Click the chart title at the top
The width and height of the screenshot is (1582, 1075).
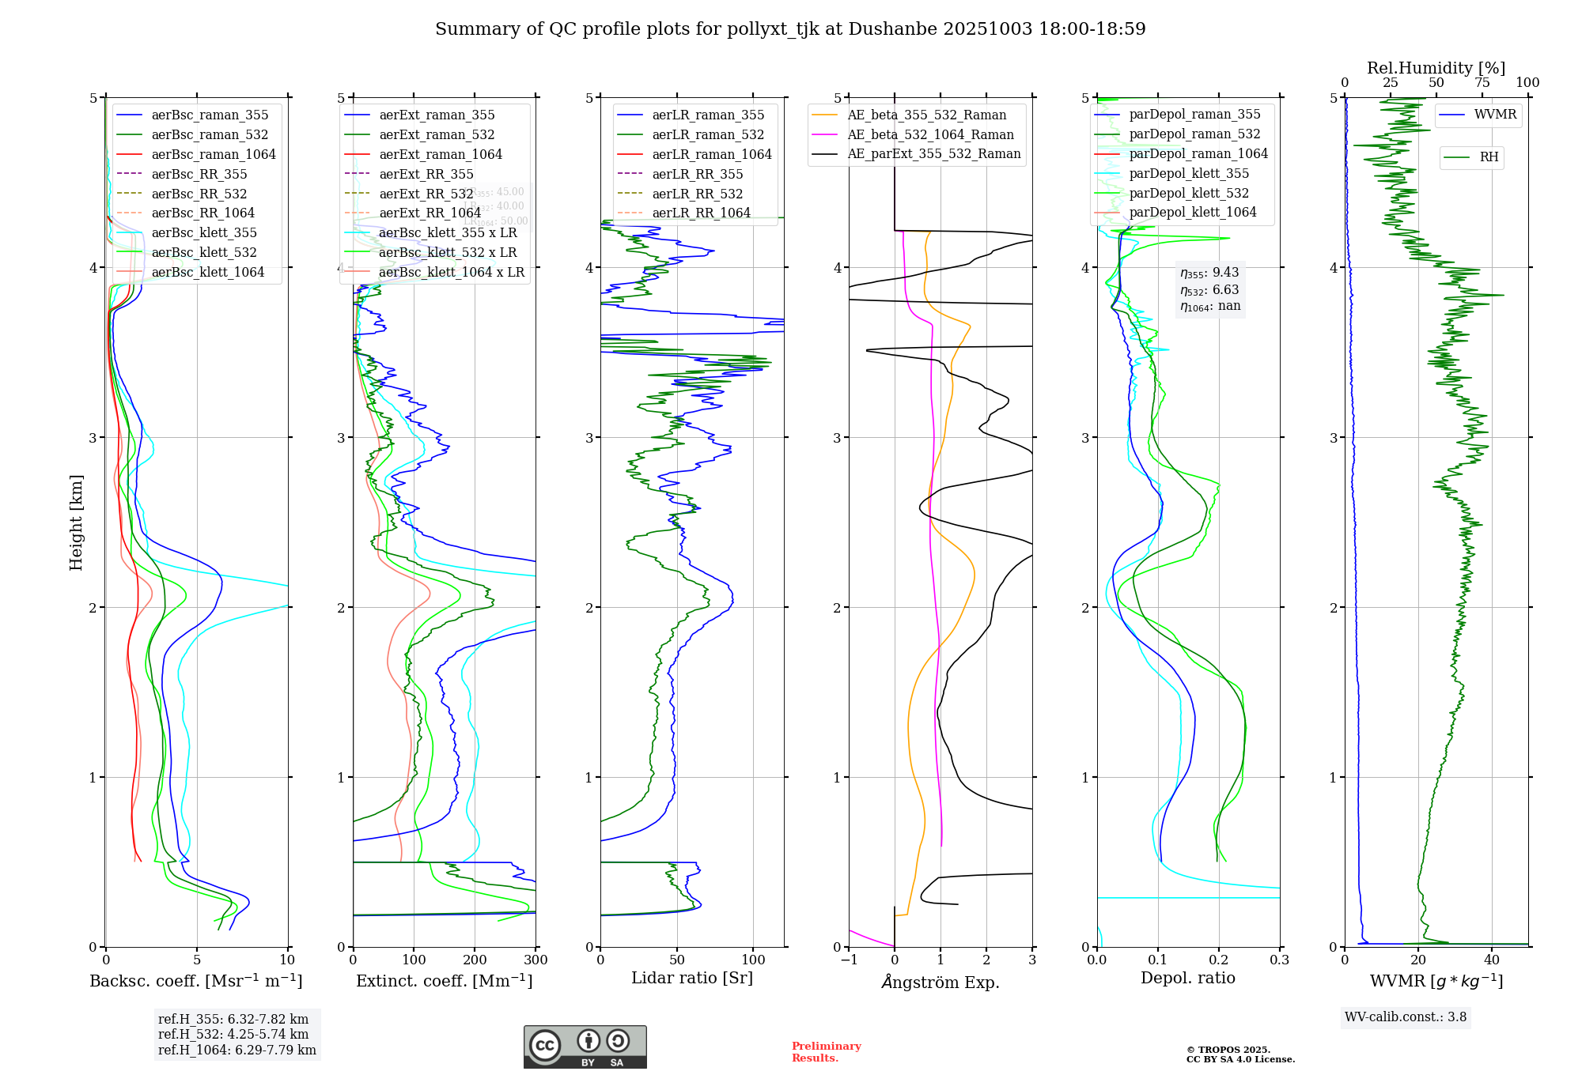tap(790, 29)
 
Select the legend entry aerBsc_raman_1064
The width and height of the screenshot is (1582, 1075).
tap(214, 154)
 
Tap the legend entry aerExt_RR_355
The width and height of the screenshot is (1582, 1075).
tap(426, 174)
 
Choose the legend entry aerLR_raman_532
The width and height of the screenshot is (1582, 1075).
tap(708, 134)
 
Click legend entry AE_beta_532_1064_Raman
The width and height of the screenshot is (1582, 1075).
tap(930, 134)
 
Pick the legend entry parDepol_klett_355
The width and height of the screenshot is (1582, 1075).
tap(1189, 173)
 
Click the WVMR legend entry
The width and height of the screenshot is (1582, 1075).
tap(1495, 115)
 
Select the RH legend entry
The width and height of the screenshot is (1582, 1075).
tap(1489, 157)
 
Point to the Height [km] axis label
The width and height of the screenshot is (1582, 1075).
tap(76, 522)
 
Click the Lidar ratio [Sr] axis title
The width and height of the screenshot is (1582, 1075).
tap(692, 978)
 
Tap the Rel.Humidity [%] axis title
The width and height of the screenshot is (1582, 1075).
tap(1436, 68)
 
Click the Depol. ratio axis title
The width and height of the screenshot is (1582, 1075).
tap(1187, 978)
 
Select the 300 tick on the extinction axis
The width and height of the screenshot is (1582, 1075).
tap(536, 960)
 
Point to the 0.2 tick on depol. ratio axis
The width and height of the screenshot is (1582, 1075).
tap(1219, 960)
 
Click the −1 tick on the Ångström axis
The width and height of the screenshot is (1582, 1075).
tap(849, 960)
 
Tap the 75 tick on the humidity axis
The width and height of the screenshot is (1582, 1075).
tap(1482, 82)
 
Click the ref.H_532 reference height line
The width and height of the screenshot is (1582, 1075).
tap(233, 1034)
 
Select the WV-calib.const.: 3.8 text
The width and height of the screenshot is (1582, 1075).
tap(1406, 1017)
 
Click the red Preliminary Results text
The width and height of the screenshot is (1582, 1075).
tap(826, 1051)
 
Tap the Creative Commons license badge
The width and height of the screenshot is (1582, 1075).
tap(585, 1047)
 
